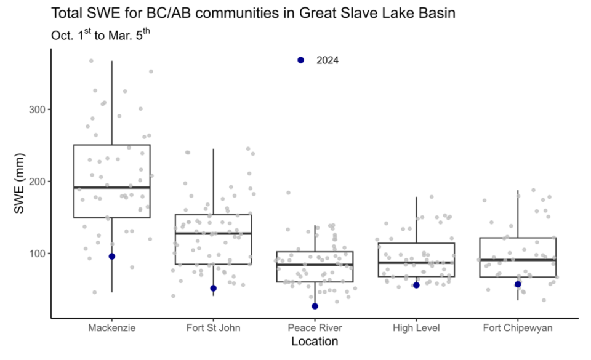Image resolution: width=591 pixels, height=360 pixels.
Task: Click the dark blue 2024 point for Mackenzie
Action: pyautogui.click(x=112, y=256)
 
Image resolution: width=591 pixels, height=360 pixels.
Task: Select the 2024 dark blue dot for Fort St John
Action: pyautogui.click(x=214, y=288)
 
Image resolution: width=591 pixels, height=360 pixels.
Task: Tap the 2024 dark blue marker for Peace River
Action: pyautogui.click(x=315, y=306)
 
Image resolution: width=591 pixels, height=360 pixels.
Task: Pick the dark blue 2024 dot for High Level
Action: pyautogui.click(x=416, y=285)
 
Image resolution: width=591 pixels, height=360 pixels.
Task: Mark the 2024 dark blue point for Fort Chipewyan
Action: pyautogui.click(x=518, y=284)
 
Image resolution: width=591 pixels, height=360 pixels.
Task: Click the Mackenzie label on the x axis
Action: pyautogui.click(x=112, y=328)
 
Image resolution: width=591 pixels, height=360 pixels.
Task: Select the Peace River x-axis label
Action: pyautogui.click(x=315, y=328)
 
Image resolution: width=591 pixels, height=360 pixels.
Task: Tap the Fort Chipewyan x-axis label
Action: pyautogui.click(x=518, y=328)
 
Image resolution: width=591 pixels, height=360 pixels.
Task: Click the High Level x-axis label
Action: pyautogui.click(x=416, y=328)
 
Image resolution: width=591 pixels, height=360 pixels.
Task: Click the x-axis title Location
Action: pyautogui.click(x=315, y=341)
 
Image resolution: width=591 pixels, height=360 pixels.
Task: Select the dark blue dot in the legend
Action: pyautogui.click(x=300, y=60)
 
